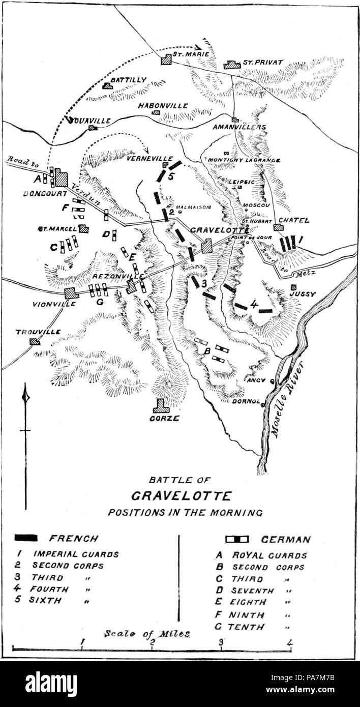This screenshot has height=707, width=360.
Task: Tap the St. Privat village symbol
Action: (x=232, y=65)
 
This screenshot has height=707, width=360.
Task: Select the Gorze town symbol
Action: (x=161, y=405)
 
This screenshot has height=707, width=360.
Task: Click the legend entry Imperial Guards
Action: (x=76, y=554)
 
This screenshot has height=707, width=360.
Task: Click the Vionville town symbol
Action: (x=71, y=293)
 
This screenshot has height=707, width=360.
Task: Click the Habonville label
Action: (x=163, y=105)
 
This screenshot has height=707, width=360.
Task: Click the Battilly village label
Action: (x=128, y=80)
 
